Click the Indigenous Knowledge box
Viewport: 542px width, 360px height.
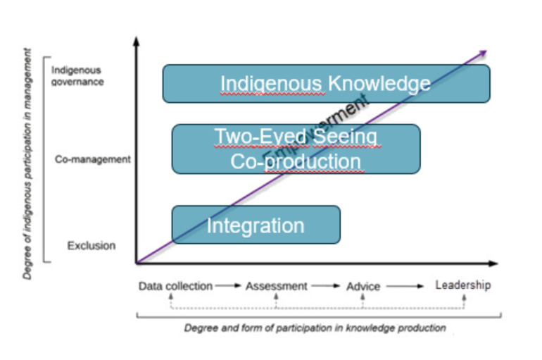326,84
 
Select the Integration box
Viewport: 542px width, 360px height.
256,225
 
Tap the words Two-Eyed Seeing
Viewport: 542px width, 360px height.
296,136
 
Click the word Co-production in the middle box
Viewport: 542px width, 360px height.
296,161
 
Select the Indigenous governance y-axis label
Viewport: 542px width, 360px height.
77,76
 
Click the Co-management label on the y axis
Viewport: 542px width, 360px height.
92,160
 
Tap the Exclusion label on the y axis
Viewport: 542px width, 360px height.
91,246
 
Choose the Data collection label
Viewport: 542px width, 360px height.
175,286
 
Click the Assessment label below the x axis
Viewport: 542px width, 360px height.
276,286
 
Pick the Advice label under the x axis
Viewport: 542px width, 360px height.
363,287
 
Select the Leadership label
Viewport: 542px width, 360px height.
462,285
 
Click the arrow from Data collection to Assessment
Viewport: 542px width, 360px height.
228,286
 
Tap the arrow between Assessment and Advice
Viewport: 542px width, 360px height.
326,286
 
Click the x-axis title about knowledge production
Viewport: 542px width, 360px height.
315,328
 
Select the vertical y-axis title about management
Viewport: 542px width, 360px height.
27,163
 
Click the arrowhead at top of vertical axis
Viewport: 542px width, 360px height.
137,42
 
